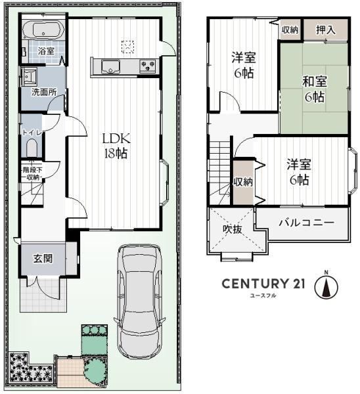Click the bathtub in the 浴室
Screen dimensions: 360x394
[x=42, y=30]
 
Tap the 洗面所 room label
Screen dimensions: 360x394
[x=43, y=92]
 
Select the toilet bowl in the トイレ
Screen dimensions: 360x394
[x=32, y=148]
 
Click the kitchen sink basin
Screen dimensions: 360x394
[x=110, y=66]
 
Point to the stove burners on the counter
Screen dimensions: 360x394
[x=148, y=66]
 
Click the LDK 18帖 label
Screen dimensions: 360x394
[x=116, y=146]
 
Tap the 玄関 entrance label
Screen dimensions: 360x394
[x=43, y=259]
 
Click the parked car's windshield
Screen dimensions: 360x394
[x=139, y=263]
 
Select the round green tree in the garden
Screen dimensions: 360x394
[x=96, y=370]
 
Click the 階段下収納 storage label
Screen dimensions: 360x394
[x=32, y=173]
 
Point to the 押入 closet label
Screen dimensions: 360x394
[x=326, y=30]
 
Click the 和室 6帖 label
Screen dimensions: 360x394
[x=315, y=89]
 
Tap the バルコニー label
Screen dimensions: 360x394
[x=306, y=223]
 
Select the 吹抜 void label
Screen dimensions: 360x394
[x=233, y=229]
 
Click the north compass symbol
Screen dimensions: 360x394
[x=326, y=286]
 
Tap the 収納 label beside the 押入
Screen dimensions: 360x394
[x=290, y=30]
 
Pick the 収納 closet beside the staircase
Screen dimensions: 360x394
[x=243, y=182]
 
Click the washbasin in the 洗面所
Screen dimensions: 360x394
[x=30, y=76]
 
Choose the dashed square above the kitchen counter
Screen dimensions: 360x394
[x=127, y=47]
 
